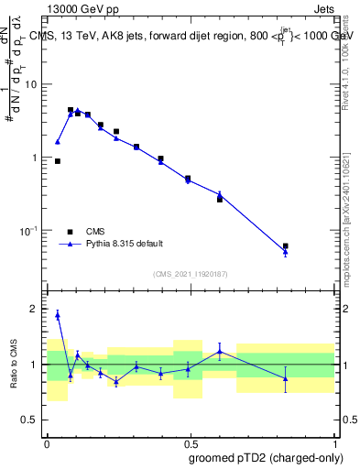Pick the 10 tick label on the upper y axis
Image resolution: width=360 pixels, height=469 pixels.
tap(32, 84)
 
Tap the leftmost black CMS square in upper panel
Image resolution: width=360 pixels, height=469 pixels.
tap(58, 161)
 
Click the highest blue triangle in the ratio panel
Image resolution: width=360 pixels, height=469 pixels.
tap(58, 314)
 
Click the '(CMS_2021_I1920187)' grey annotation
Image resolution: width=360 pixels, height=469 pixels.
tap(190, 273)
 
